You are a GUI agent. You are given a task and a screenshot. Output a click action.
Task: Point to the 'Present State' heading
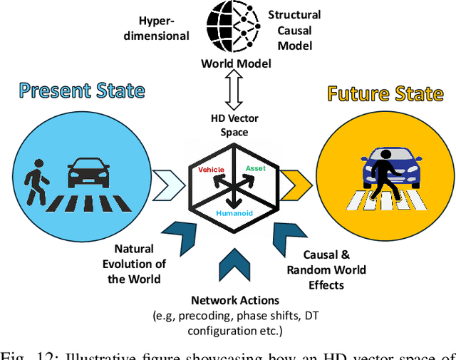point(82,91)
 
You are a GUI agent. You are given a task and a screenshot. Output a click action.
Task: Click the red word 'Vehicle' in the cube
point(211,170)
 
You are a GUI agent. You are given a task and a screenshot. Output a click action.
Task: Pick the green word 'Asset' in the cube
point(255,168)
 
